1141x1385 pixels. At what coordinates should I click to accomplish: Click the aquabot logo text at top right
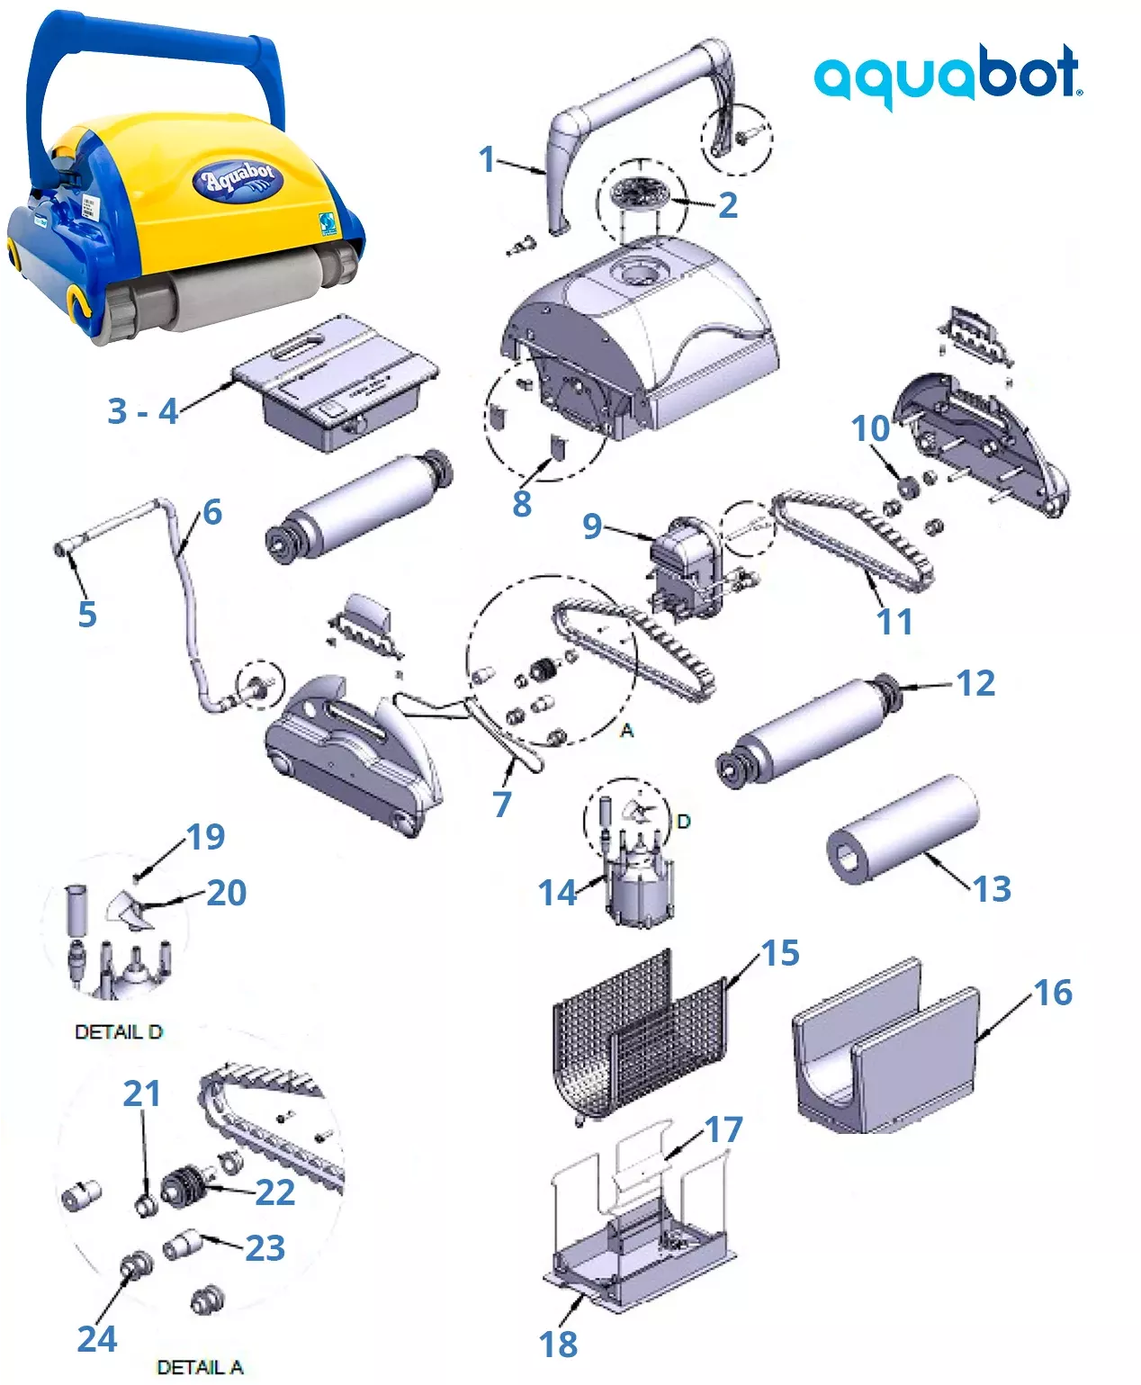pos(948,76)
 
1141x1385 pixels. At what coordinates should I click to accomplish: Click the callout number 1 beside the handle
pos(487,159)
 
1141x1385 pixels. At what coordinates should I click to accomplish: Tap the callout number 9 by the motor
pos(591,526)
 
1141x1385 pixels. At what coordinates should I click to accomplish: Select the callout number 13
pos(992,889)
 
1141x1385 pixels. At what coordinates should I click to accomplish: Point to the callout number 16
pos(1052,993)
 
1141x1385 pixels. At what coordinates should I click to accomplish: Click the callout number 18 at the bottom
pos(558,1345)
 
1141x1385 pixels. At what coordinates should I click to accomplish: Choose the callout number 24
pos(96,1338)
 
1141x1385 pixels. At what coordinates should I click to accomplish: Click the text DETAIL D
pos(119,1031)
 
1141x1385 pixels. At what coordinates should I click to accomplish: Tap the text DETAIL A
pos(200,1367)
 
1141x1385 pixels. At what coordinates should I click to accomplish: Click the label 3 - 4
pos(142,410)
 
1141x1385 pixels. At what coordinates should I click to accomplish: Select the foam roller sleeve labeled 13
pos(903,829)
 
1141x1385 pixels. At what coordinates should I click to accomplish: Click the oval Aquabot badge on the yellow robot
pos(238,179)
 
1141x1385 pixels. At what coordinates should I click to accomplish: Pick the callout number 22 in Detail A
pos(274,1192)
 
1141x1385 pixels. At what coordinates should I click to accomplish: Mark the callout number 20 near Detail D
pos(226,893)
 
